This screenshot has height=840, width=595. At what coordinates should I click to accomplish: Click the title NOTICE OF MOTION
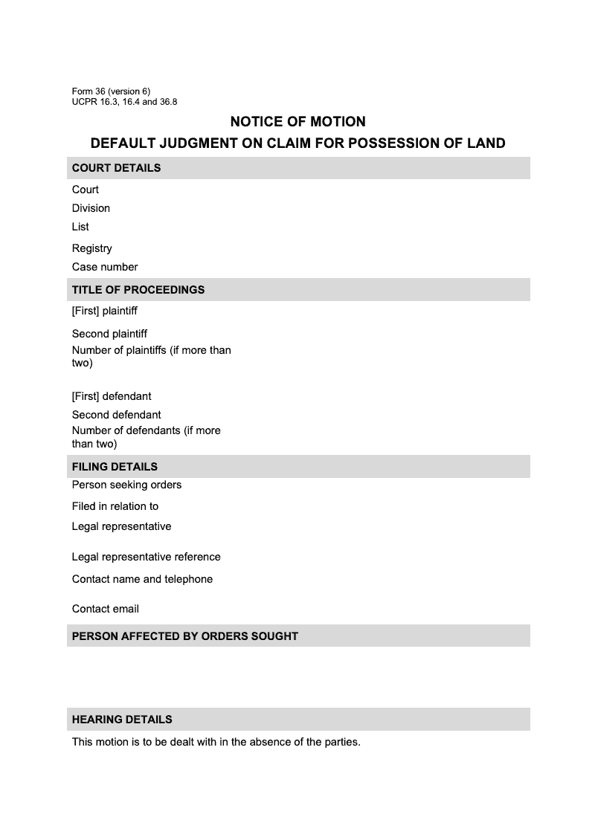297,121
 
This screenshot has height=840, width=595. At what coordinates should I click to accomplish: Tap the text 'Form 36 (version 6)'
111,91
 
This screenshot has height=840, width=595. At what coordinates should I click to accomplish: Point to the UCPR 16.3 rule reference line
124,102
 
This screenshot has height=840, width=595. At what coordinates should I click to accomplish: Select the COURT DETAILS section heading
116,168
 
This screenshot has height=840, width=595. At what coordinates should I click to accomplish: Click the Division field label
91,208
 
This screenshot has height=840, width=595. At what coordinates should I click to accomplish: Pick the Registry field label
92,248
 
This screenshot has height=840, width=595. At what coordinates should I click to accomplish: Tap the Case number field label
105,267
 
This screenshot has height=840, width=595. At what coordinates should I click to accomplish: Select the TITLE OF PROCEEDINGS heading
138,290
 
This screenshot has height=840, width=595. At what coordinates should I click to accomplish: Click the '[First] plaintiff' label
105,311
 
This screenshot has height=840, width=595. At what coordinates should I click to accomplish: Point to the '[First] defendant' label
112,396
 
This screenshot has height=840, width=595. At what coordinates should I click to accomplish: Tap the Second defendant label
117,415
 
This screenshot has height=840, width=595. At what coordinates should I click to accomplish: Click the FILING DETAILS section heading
115,467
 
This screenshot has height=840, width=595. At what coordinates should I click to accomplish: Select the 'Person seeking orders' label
126,485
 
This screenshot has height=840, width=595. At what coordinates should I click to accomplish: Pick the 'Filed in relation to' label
115,506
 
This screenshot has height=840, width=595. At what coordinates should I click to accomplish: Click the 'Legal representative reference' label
147,557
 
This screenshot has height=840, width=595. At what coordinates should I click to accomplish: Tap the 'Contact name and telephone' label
142,579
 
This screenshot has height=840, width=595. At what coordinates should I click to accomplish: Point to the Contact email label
106,609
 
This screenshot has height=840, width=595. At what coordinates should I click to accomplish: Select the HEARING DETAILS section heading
122,720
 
